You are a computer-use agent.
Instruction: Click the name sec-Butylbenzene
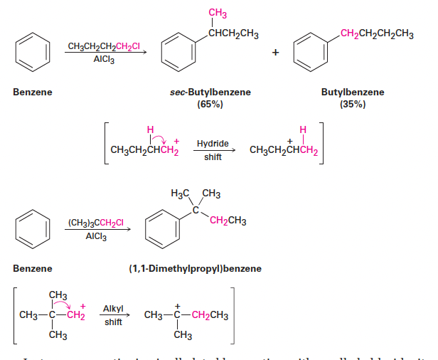210,92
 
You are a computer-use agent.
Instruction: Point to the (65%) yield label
210,104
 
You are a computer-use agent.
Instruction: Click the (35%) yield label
353,104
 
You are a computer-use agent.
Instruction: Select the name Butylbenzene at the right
353,92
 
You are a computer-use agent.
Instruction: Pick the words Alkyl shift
114,314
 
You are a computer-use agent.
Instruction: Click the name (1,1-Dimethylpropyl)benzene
195,268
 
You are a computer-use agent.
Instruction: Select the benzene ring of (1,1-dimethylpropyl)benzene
161,228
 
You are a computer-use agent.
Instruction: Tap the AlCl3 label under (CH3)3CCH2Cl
96,236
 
